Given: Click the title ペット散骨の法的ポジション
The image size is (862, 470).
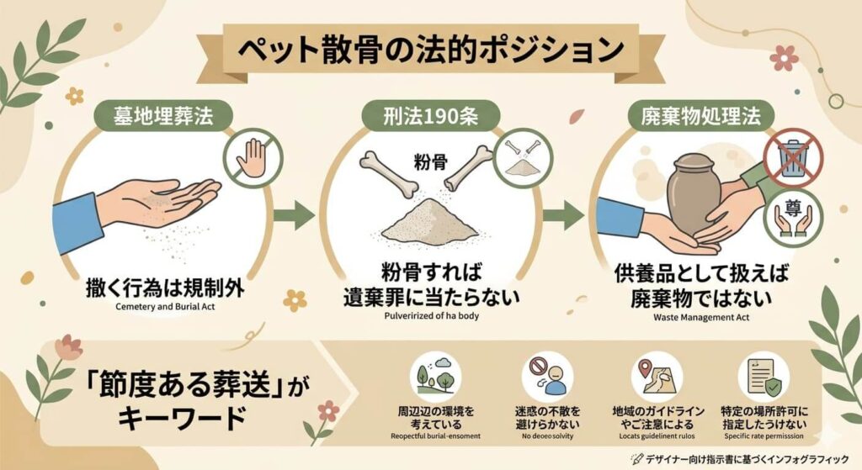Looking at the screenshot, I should [430, 51].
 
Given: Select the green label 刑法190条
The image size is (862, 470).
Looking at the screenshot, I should [431, 117].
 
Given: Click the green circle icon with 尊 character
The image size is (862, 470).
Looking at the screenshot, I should [792, 214].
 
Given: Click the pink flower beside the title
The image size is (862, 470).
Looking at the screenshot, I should [785, 57].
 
